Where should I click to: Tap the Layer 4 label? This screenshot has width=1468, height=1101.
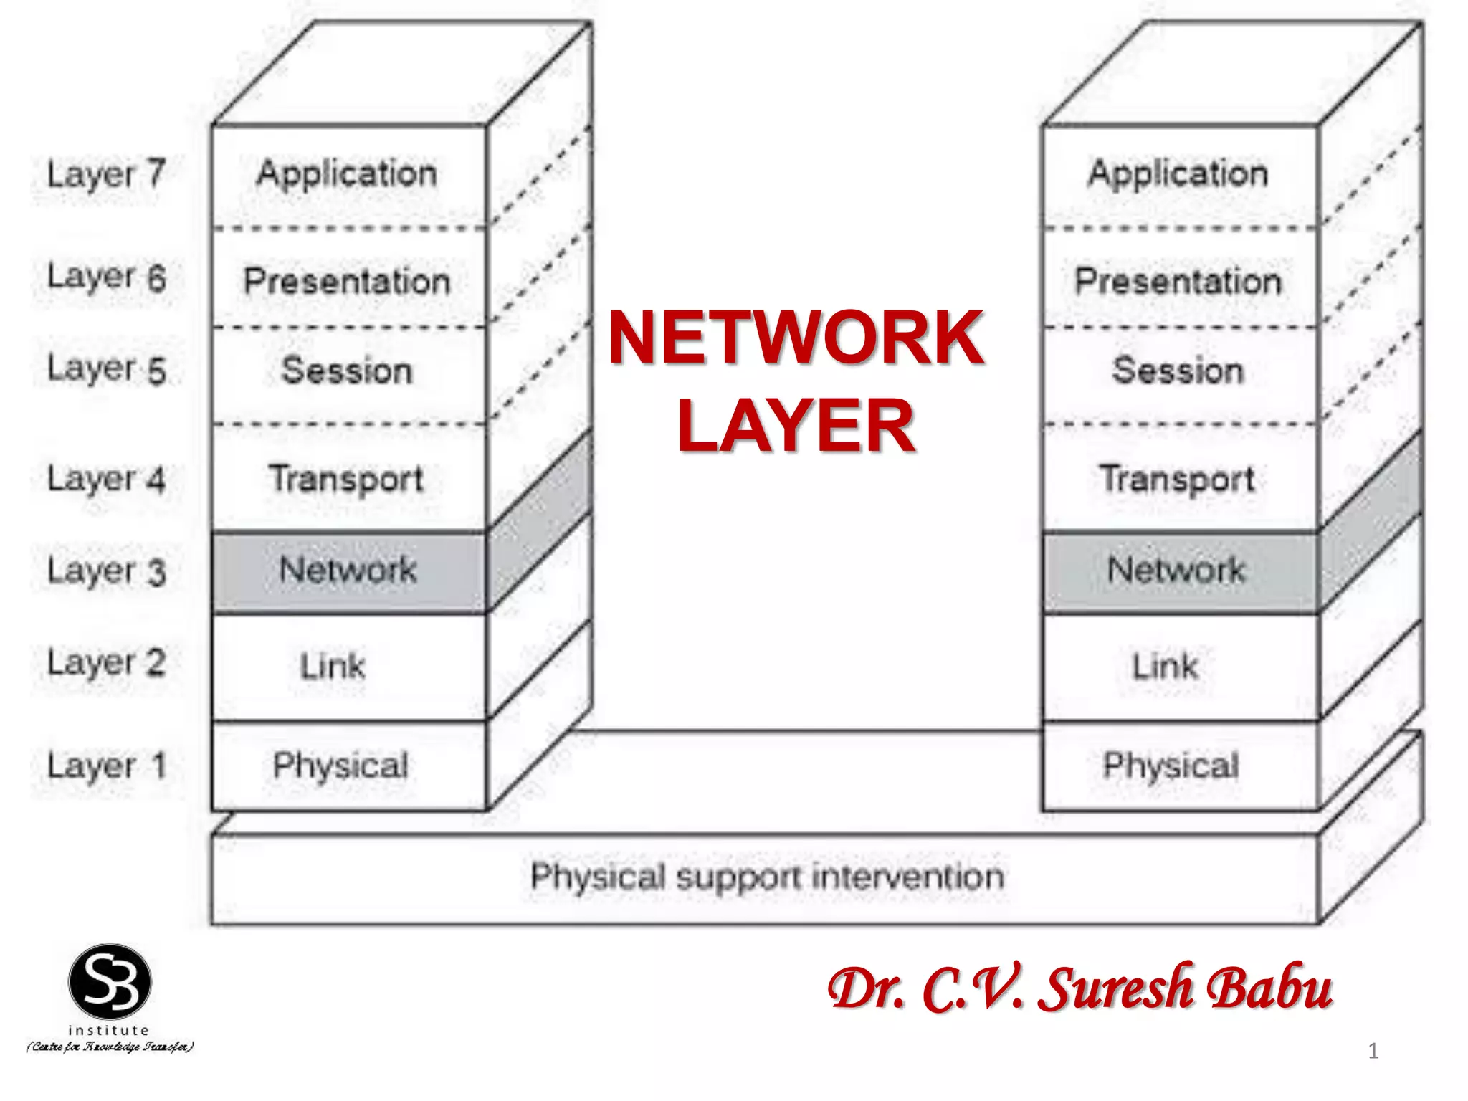(x=106, y=479)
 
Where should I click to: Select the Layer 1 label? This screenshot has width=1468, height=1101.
(x=106, y=766)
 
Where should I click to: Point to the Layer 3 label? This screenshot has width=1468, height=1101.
(x=106, y=571)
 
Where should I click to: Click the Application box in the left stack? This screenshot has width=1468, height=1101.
(x=348, y=175)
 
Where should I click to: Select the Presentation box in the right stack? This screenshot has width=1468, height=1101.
(x=1178, y=280)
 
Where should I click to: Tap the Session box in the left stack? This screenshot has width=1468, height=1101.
(x=348, y=371)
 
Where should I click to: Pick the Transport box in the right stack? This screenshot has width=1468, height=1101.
(x=1178, y=479)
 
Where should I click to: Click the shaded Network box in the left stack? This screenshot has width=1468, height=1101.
(x=348, y=571)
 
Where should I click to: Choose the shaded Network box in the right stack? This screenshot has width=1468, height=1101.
(x=1177, y=571)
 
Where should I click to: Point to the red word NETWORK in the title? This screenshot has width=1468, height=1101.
(x=796, y=337)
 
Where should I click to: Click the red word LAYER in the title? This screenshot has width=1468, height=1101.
(x=796, y=426)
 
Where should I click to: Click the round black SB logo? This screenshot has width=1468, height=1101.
(x=110, y=982)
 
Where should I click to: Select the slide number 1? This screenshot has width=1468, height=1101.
(x=1373, y=1051)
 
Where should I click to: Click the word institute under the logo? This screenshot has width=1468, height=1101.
(x=109, y=1030)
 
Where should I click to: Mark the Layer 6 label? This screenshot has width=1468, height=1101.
(x=106, y=278)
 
